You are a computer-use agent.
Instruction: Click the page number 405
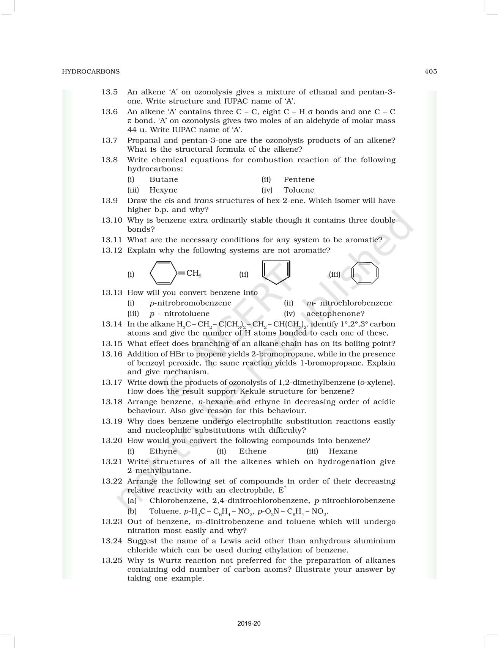tap(430, 71)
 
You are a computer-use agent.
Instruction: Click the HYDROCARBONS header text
tap(91, 71)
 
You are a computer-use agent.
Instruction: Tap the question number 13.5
tap(109, 92)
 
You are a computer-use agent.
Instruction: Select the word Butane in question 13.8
tap(164, 179)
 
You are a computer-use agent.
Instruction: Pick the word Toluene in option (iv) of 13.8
tap(299, 190)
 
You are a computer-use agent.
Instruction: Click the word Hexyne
tap(163, 190)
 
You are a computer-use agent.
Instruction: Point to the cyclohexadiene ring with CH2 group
tap(164, 273)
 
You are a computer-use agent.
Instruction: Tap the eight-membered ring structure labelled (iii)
tap(365, 273)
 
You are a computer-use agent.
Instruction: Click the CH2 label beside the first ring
tap(194, 273)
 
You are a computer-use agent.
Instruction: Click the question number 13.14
tap(112, 324)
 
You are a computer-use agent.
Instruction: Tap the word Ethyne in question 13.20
tap(163, 451)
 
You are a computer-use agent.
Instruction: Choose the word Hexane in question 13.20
tap(343, 451)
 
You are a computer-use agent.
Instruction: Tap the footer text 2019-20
tap(249, 623)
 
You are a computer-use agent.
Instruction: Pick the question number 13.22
tap(112, 481)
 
